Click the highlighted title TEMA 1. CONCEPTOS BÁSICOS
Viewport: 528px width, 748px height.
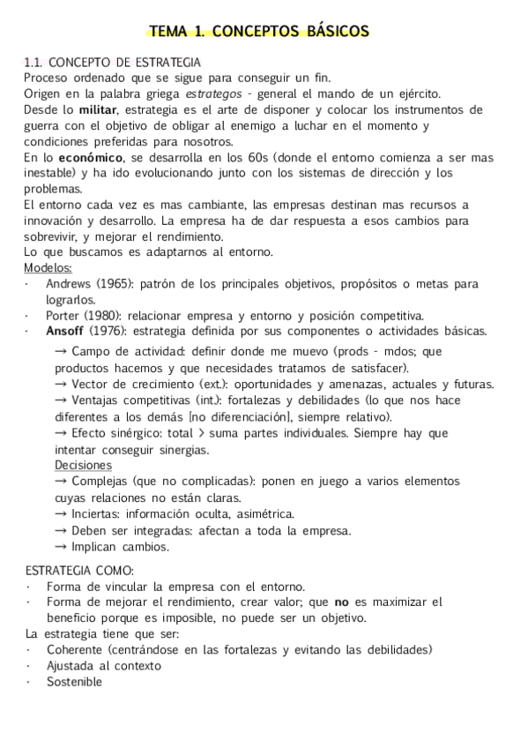(259, 33)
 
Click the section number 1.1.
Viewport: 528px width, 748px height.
(34, 63)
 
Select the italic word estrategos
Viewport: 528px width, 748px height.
(215, 93)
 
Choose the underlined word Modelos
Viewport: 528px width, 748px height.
(48, 268)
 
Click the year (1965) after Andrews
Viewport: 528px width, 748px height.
(114, 284)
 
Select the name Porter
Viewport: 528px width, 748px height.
(64, 315)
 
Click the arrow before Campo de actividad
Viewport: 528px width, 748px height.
(62, 352)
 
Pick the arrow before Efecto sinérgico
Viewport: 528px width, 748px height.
(62, 433)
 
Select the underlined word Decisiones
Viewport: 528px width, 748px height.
(83, 465)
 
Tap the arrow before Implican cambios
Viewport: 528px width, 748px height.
(62, 546)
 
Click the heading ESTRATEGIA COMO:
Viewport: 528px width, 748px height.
(79, 570)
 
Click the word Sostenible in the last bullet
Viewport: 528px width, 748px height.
(75, 681)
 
